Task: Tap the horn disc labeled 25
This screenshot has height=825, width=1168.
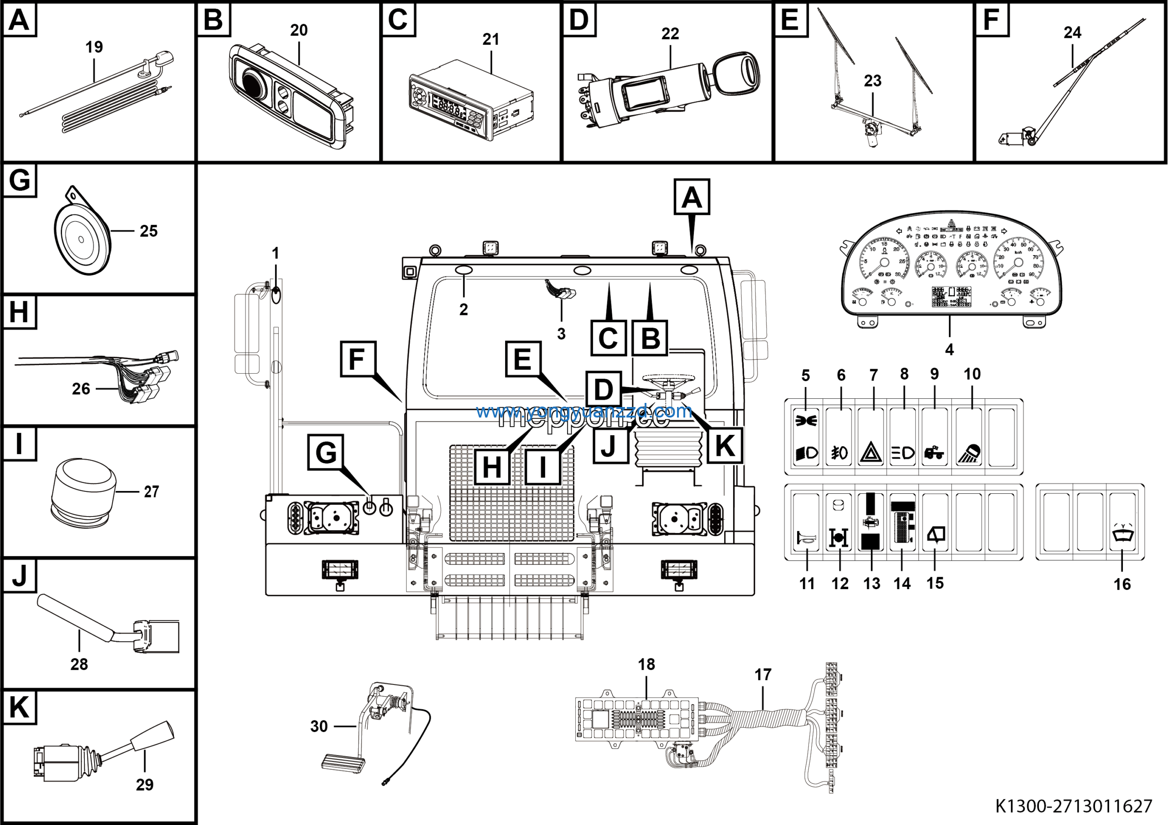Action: (81, 238)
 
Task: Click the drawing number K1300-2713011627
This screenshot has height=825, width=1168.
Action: (1074, 806)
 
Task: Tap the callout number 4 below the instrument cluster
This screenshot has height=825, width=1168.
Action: (949, 350)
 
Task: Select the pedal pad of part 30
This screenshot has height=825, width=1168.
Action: (344, 763)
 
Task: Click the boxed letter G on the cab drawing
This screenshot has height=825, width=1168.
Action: (326, 452)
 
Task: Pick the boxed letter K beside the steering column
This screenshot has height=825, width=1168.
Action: (725, 445)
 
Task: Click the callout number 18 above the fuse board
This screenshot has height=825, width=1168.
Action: (646, 664)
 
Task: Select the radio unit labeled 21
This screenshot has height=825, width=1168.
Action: (470, 99)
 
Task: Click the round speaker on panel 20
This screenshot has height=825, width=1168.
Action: (253, 84)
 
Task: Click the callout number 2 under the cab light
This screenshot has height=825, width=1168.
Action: (464, 309)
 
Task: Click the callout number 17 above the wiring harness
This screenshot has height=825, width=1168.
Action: (762, 675)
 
